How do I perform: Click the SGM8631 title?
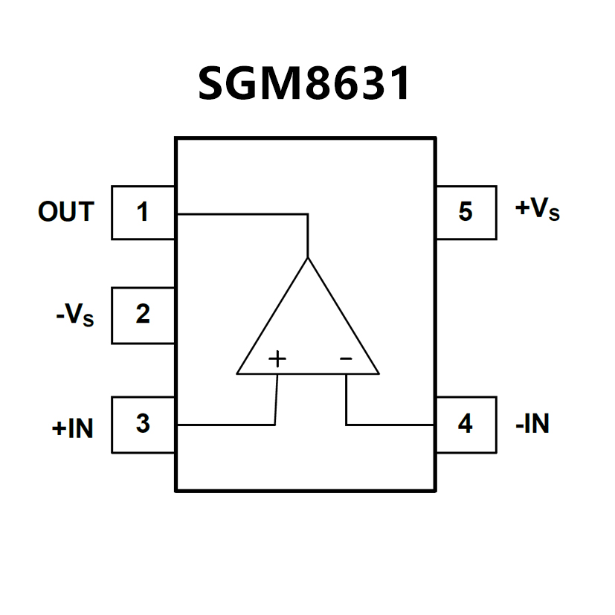pyautogui.click(x=305, y=84)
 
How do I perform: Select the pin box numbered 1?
pyautogui.click(x=143, y=213)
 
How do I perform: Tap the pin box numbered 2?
pyautogui.click(x=143, y=315)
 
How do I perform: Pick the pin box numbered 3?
pyautogui.click(x=143, y=425)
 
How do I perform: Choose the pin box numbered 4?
pyautogui.click(x=466, y=425)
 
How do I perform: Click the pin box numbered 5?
pyautogui.click(x=466, y=213)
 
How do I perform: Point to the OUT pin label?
pyautogui.click(x=66, y=213)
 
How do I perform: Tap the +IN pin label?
pyautogui.click(x=73, y=428)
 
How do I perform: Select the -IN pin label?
pyautogui.click(x=532, y=425)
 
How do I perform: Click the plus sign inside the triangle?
pyautogui.click(x=277, y=359)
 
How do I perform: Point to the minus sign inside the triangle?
pyautogui.click(x=346, y=359)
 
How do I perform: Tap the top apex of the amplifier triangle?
pyautogui.click(x=307, y=259)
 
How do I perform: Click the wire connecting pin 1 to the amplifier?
pyautogui.click(x=242, y=214)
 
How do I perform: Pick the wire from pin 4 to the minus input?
pyautogui.click(x=390, y=425)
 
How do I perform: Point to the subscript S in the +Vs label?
pyautogui.click(x=553, y=215)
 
